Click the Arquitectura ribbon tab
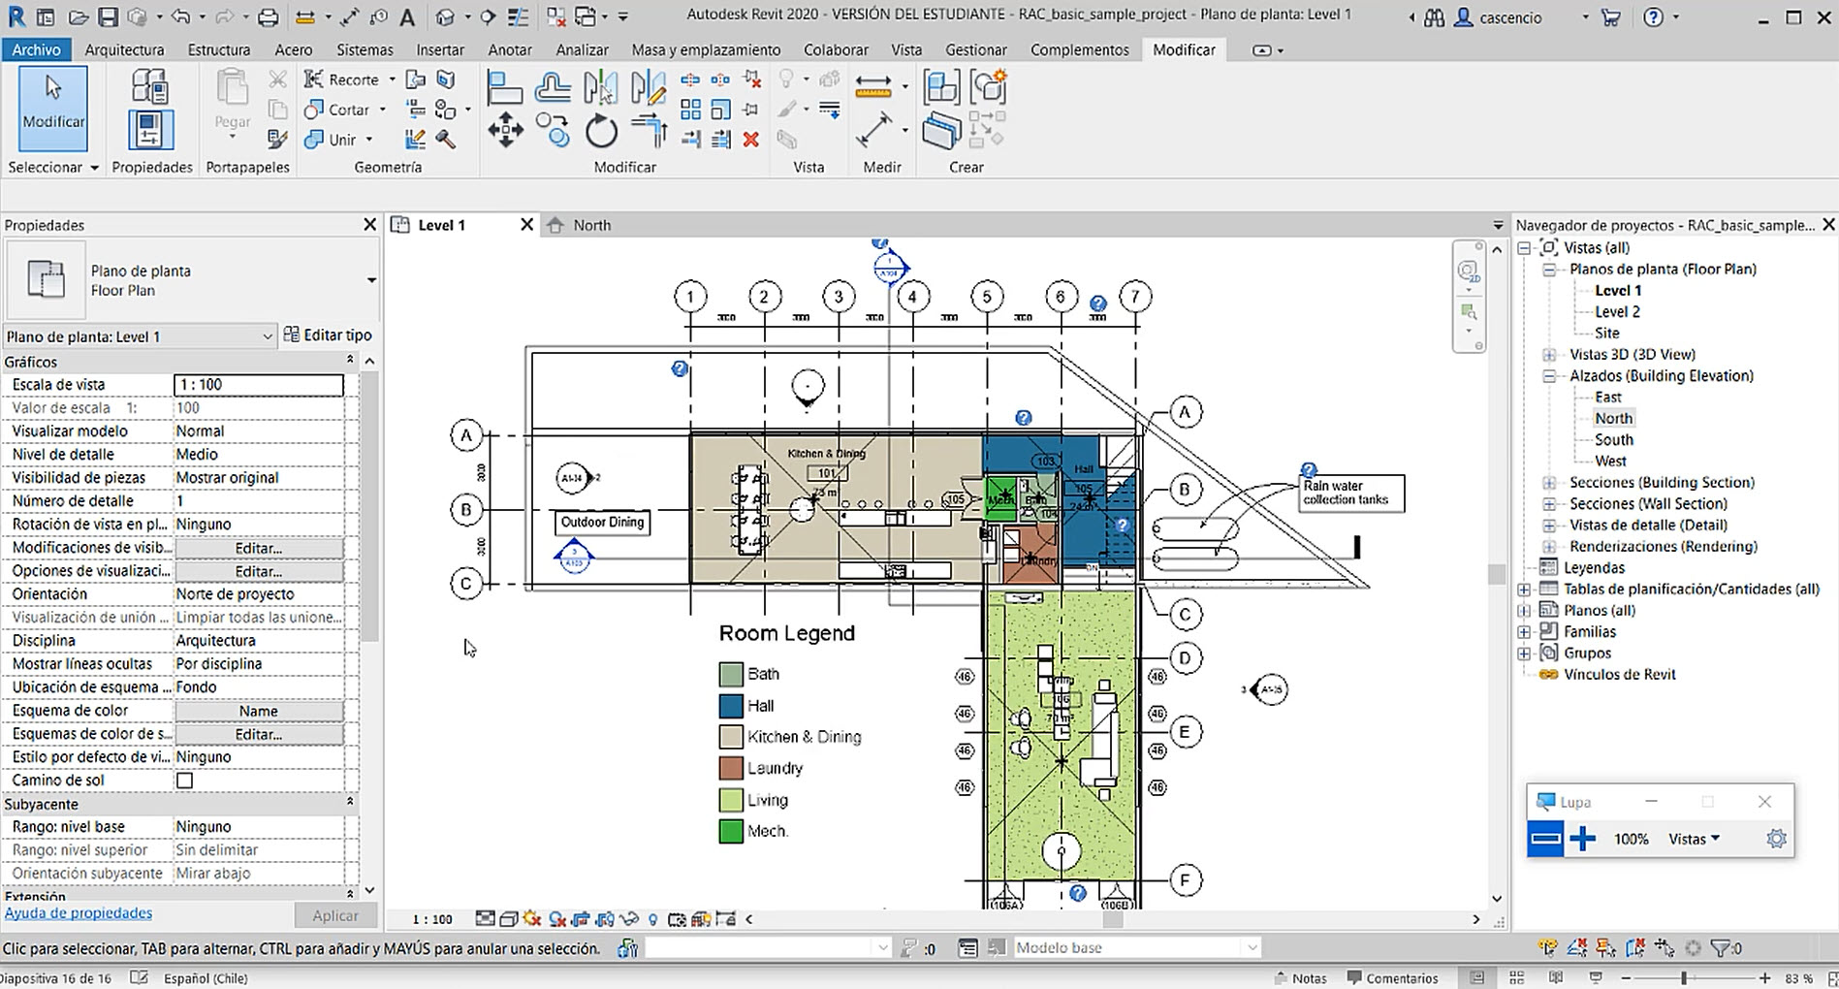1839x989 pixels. coord(124,49)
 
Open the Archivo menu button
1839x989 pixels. coord(36,49)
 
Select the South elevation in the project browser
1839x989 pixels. coord(1613,439)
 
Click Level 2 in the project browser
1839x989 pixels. coord(1617,311)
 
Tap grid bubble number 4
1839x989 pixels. coord(912,297)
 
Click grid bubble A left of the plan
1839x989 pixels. coord(466,436)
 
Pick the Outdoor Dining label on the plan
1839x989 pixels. coord(602,522)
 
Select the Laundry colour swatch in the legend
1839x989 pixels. coord(731,768)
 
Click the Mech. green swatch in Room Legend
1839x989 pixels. coord(731,831)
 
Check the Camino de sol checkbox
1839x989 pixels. coord(184,781)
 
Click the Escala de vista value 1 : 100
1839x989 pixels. coord(258,385)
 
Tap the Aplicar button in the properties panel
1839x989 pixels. coord(335,915)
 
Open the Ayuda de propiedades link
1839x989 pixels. coord(79,912)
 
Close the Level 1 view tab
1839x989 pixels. coord(526,225)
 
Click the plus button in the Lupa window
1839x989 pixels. coord(1582,839)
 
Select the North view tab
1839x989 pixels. coord(590,225)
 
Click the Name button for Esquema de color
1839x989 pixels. coord(258,711)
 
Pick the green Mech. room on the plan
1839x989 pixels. coord(999,496)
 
